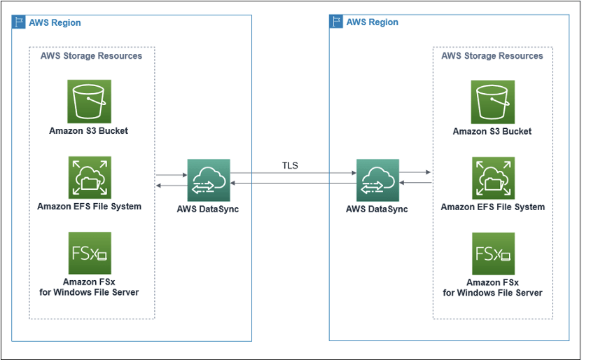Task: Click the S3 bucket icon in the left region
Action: pos(89,101)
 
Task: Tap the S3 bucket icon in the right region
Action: pos(492,102)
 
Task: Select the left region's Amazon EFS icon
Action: pos(89,178)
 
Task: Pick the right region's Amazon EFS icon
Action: pos(492,178)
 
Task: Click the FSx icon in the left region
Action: pos(89,253)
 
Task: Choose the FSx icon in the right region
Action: pos(492,254)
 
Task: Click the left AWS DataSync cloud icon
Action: pos(209,180)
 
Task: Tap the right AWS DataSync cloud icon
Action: pos(377,180)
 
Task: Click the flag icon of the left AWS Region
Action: pos(18,22)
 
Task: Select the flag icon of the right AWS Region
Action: pos(336,22)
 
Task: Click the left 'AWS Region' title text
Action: pos(55,22)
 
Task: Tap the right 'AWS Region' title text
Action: pos(373,22)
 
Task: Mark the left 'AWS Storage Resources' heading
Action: pos(92,56)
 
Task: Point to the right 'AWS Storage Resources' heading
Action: pos(492,56)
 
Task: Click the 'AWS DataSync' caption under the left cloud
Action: pos(209,209)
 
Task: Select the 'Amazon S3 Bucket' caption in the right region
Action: pos(492,131)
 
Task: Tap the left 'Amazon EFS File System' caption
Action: pos(90,206)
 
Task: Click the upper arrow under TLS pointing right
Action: pos(293,173)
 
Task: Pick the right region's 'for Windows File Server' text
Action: pos(493,293)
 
